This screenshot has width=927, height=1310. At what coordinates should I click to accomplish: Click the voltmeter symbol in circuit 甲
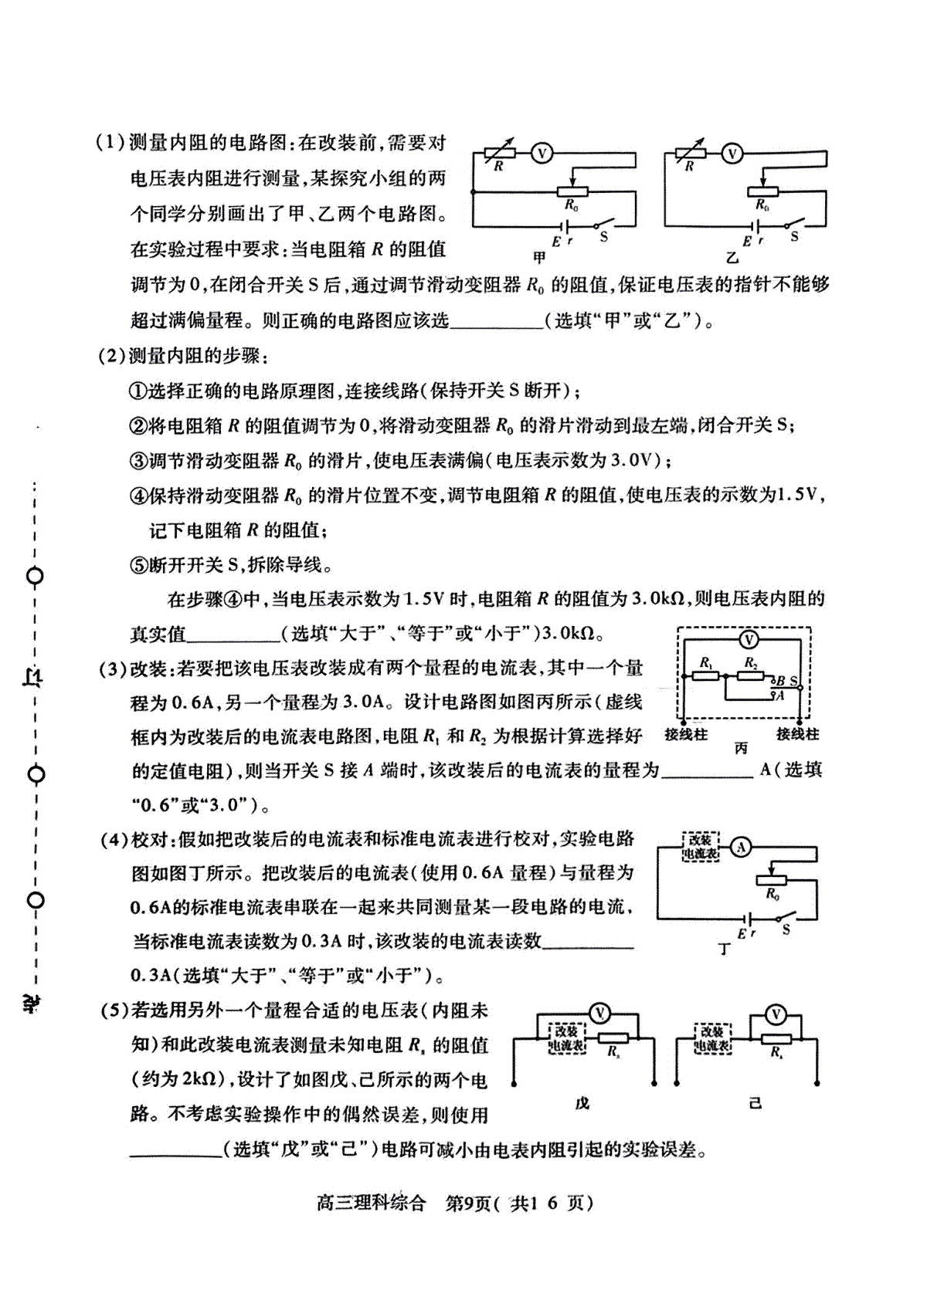(x=542, y=153)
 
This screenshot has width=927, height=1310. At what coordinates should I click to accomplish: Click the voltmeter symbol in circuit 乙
(x=732, y=154)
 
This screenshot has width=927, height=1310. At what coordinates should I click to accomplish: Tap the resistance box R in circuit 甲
(x=499, y=153)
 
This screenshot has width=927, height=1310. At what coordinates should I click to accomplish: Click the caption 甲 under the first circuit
(x=539, y=257)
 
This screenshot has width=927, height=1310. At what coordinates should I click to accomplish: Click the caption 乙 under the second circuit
(x=732, y=257)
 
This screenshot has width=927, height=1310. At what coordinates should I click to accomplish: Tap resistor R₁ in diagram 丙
(x=706, y=676)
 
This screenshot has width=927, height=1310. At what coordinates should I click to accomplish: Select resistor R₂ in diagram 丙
(x=750, y=676)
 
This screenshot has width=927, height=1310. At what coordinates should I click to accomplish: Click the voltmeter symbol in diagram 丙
(x=749, y=640)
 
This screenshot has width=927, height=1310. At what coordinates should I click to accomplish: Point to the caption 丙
(x=742, y=748)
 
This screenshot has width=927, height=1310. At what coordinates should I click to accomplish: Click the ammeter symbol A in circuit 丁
(x=741, y=847)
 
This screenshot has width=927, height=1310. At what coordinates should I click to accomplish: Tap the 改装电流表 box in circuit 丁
(x=701, y=847)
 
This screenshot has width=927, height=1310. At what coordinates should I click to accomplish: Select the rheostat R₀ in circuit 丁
(x=771, y=879)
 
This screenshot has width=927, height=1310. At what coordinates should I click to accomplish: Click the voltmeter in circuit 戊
(x=600, y=1013)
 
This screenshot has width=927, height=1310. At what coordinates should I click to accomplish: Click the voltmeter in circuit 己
(x=776, y=1014)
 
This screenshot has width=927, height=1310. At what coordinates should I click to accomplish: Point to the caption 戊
(x=582, y=1104)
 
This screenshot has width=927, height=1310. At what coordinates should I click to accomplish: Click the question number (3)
(x=112, y=668)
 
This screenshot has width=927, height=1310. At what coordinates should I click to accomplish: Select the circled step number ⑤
(x=139, y=565)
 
